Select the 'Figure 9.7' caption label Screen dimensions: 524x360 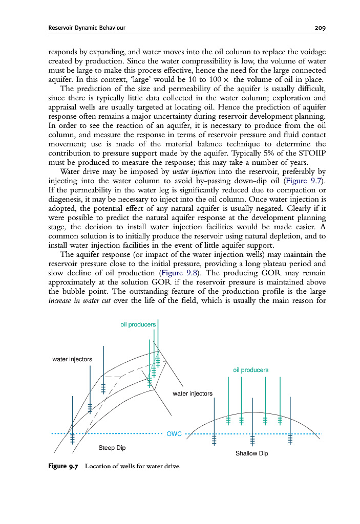pyautogui.click(x=63, y=466)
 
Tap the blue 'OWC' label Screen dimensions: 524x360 pyautogui.click(x=175, y=434)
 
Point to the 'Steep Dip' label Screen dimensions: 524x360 pyautogui.click(x=112, y=448)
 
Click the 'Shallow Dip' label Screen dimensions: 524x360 pyautogui.click(x=251, y=453)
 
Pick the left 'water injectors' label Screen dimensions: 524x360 pyautogui.click(x=72, y=359)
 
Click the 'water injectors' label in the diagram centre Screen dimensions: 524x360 pyautogui.click(x=193, y=394)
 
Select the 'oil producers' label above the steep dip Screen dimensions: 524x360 pyautogui.click(x=138, y=324)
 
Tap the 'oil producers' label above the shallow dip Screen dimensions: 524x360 pyautogui.click(x=250, y=370)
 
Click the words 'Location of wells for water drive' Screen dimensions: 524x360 pyautogui.click(x=133, y=466)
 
